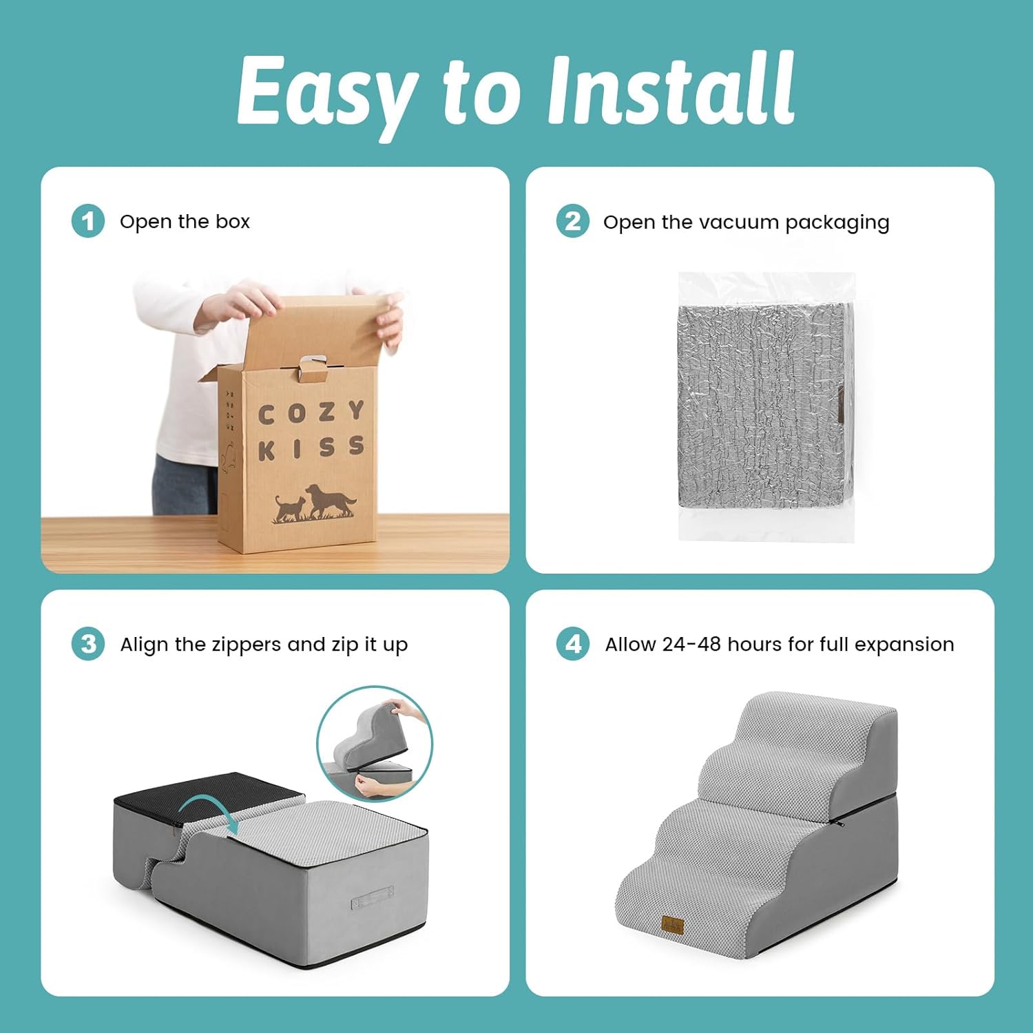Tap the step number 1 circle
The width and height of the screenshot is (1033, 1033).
tap(88, 221)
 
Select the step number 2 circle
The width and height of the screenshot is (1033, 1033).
tap(573, 221)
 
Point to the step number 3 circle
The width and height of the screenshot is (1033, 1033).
tap(88, 644)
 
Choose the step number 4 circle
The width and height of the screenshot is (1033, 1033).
tap(573, 644)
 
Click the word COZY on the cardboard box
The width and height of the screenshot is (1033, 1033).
tap(311, 413)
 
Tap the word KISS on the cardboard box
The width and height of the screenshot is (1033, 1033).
tap(311, 448)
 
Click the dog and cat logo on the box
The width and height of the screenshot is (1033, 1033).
tap(315, 503)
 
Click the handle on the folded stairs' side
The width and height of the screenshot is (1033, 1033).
tap(373, 898)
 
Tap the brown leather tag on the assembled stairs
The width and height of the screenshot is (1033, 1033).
tap(673, 925)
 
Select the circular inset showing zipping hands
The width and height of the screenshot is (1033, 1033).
tap(375, 744)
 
